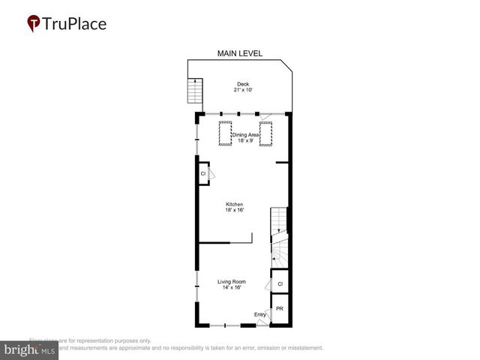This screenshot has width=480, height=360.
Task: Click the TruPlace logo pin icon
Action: coord(34,23)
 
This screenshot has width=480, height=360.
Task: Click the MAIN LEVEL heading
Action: coord(239,53)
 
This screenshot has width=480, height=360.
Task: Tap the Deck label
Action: coord(242,83)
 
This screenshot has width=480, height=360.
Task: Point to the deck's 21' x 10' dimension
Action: coord(242,90)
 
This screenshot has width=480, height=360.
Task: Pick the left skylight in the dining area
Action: coord(224,133)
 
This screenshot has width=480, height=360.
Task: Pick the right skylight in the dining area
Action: coord(265,133)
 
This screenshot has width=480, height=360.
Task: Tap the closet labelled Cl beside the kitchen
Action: coord(203,174)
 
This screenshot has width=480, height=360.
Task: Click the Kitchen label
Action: coord(235,204)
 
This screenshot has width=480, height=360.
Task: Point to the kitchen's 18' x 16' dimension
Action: coord(235,211)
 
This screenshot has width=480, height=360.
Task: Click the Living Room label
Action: coord(232,281)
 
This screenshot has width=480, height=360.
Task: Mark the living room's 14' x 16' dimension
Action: coord(232,288)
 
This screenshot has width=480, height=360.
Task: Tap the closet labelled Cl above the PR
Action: coord(280,284)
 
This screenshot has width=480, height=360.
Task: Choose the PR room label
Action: coord(280,309)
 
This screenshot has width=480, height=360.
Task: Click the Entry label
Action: coord(259,314)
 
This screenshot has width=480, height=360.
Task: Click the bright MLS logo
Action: coord(30,349)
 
